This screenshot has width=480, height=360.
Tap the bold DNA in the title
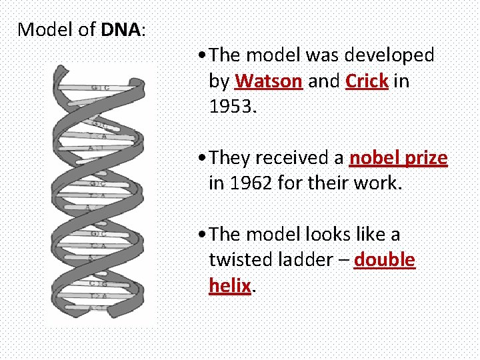(x=121, y=29)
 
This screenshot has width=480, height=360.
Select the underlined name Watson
(x=269, y=81)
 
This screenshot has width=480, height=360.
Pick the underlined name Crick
(x=367, y=81)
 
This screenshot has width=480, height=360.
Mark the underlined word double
(x=385, y=260)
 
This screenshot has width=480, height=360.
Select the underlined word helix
(x=229, y=285)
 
